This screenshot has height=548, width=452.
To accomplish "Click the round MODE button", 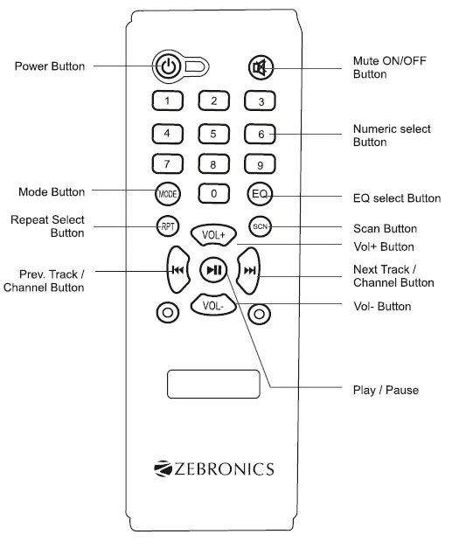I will coord(167,191).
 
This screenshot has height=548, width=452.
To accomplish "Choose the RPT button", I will coord(167,226).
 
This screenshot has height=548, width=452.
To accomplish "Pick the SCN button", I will coord(260,226).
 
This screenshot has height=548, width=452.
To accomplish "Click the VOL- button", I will coord(213,307).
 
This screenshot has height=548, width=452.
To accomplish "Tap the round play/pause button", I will coord(213,270).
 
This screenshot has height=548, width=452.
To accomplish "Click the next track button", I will coord(251,270).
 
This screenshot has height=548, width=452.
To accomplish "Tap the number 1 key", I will coord(167,101).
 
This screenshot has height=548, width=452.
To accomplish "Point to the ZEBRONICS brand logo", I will coord(213,468).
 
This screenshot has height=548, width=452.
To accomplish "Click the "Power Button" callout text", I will coord(50,66).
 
